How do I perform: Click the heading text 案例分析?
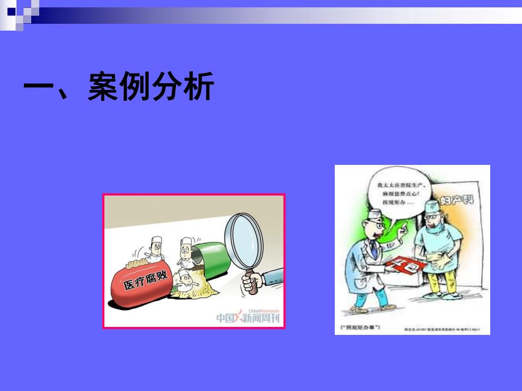point(150,88)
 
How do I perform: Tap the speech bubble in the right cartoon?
point(397,193)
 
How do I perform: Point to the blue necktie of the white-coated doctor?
point(375,250)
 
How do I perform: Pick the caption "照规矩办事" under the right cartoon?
point(360,328)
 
